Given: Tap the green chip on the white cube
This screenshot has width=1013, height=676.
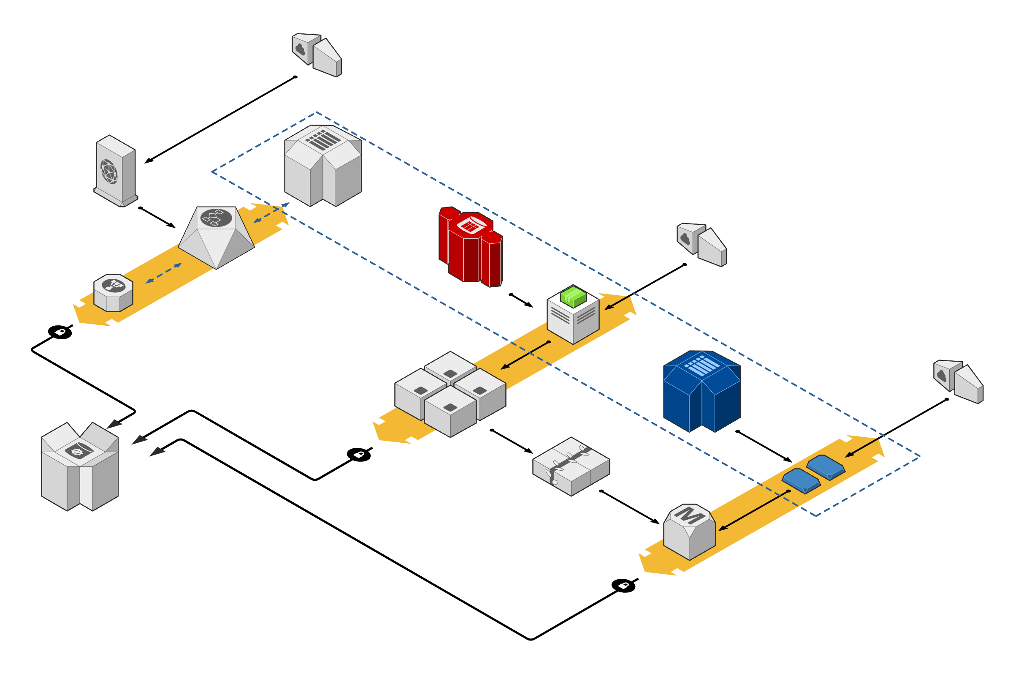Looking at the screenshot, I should [x=573, y=296].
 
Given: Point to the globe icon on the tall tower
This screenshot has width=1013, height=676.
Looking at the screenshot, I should [x=109, y=171].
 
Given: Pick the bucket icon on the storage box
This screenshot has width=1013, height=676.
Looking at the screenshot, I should [x=79, y=451].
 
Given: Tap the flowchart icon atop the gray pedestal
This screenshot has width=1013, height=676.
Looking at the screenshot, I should [x=216, y=218].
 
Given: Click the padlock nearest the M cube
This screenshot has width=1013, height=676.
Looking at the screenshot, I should [x=624, y=586].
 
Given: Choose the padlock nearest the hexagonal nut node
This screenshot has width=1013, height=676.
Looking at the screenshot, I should [x=60, y=332].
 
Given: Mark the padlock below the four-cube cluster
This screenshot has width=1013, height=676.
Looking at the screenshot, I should [x=359, y=455].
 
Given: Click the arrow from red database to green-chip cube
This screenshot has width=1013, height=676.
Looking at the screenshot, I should [x=522, y=300].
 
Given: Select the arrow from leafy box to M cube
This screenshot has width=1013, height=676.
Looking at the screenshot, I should [x=630, y=507].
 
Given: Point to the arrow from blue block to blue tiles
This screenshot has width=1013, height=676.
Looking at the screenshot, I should [x=764, y=447].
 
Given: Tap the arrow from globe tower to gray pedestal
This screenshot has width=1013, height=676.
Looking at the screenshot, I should [x=157, y=218].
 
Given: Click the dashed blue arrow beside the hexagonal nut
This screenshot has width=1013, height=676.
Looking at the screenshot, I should [x=164, y=273].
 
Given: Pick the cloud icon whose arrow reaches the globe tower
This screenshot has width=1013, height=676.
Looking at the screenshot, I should [x=301, y=49].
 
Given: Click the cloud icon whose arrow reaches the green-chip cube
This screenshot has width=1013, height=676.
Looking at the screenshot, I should [x=685, y=238].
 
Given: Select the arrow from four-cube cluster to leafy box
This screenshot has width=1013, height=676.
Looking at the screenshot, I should [x=512, y=442].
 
